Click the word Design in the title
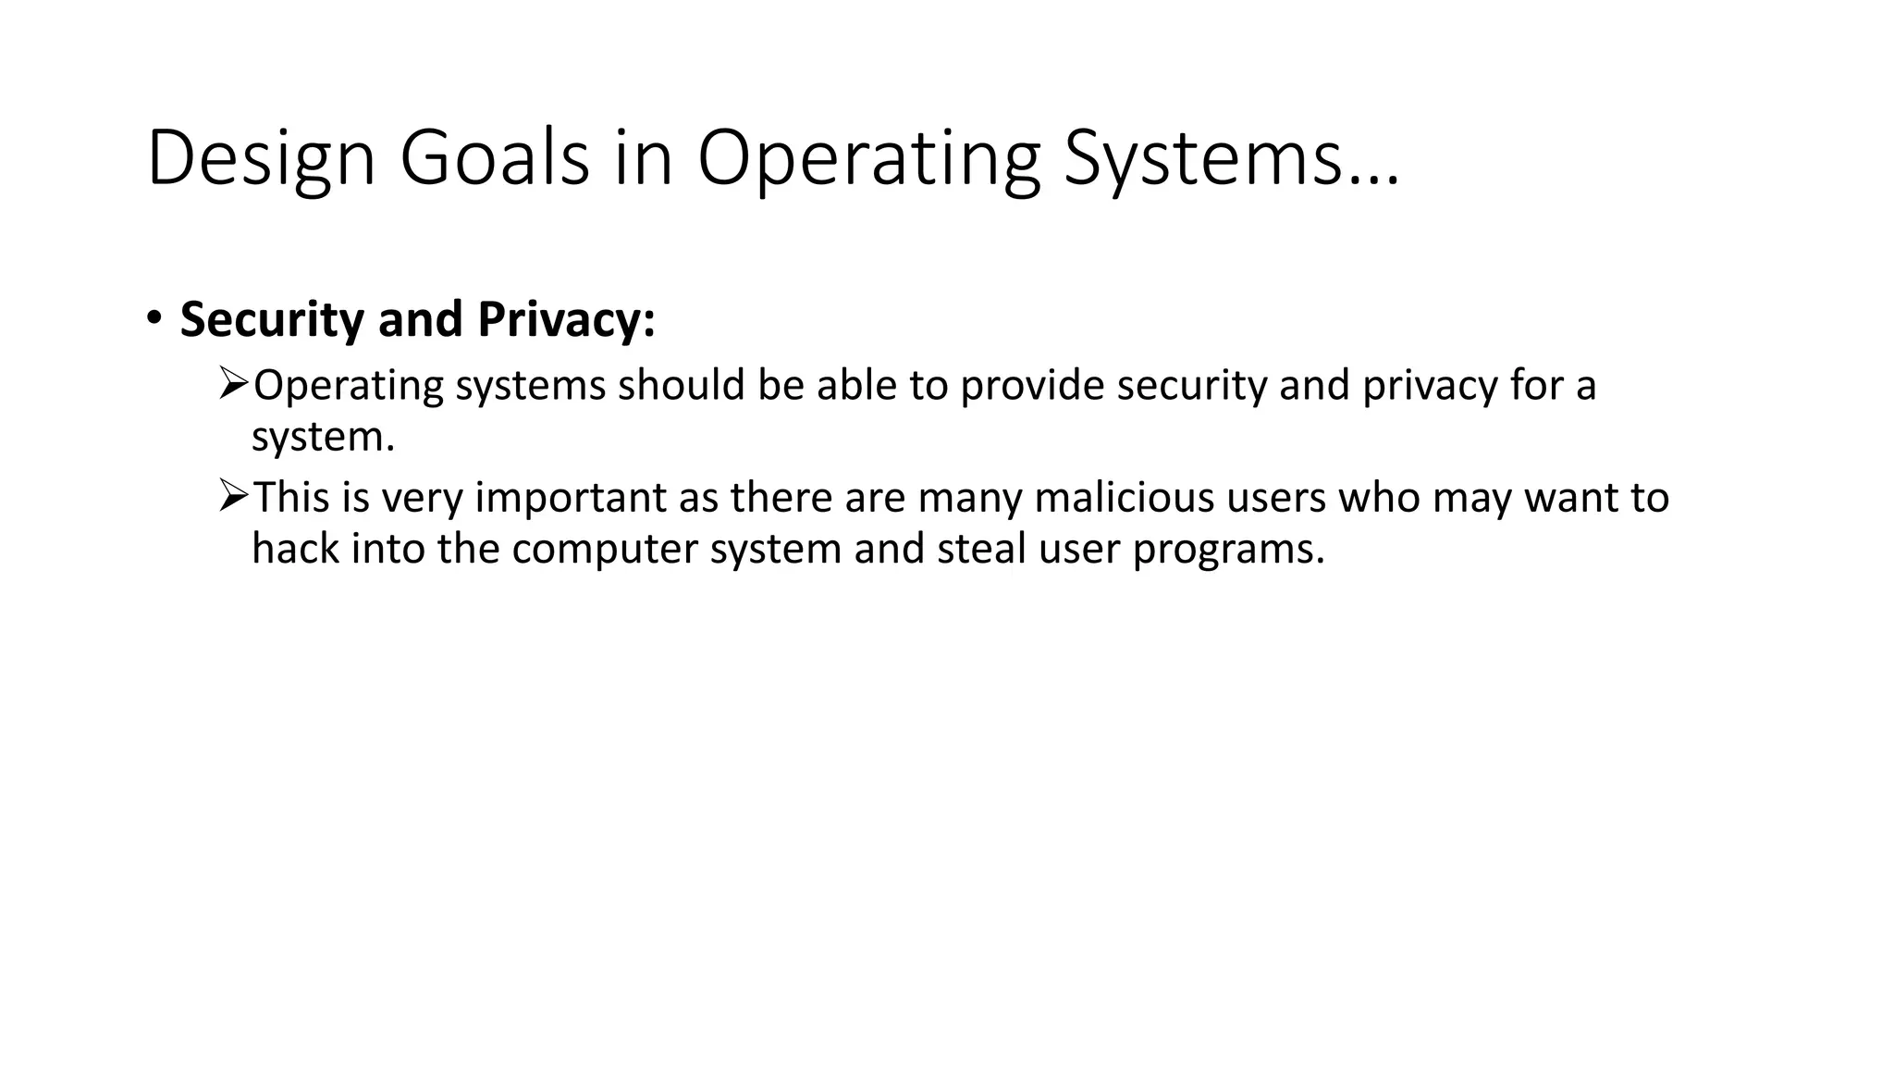pyautogui.click(x=260, y=158)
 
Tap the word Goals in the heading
pyautogui.click(x=494, y=158)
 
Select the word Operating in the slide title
pyautogui.click(x=868, y=158)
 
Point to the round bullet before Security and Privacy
pyautogui.click(x=154, y=319)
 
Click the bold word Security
pyautogui.click(x=273, y=320)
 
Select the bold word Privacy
pyautogui.click(x=565, y=320)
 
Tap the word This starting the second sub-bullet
pyautogui.click(x=291, y=498)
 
